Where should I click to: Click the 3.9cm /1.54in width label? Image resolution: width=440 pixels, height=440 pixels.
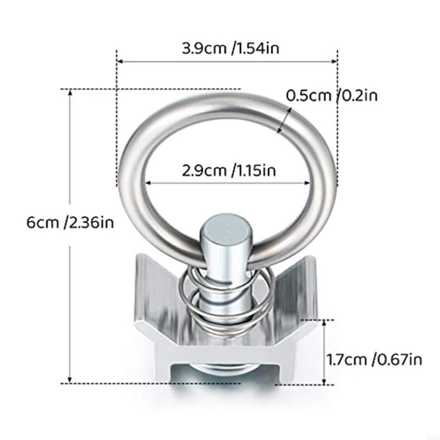(231, 48)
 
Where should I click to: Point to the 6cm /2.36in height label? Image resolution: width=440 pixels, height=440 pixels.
(70, 223)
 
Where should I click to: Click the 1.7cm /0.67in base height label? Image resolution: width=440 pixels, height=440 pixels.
(375, 360)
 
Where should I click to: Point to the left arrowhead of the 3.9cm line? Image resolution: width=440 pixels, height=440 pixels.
(119, 62)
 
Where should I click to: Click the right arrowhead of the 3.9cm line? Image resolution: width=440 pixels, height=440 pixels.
(334, 62)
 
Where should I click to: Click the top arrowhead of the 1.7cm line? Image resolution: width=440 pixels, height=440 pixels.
(325, 323)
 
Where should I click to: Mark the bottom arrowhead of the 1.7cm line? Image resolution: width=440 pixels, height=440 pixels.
(325, 381)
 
